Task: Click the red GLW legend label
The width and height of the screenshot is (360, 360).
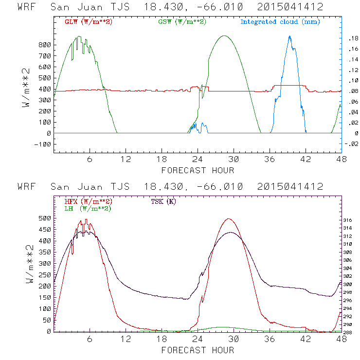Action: (89, 22)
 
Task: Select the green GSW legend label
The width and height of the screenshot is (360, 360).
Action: (181, 22)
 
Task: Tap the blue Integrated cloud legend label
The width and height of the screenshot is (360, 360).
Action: (280, 22)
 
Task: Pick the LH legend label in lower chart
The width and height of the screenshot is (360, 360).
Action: (88, 208)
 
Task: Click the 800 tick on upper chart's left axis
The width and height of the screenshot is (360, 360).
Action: (45, 45)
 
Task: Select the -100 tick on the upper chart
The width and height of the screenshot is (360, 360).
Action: (43, 144)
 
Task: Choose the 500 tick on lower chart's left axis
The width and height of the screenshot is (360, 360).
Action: (45, 218)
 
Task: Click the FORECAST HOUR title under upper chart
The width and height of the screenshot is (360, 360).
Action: (198, 170)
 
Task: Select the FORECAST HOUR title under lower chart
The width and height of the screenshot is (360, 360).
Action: (198, 350)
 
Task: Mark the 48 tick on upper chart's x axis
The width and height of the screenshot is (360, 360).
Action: (341, 159)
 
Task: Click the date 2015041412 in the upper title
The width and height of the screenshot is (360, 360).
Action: (290, 7)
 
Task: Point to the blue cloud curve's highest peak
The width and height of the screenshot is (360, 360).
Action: (289, 36)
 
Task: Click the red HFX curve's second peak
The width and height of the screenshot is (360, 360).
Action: (229, 218)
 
